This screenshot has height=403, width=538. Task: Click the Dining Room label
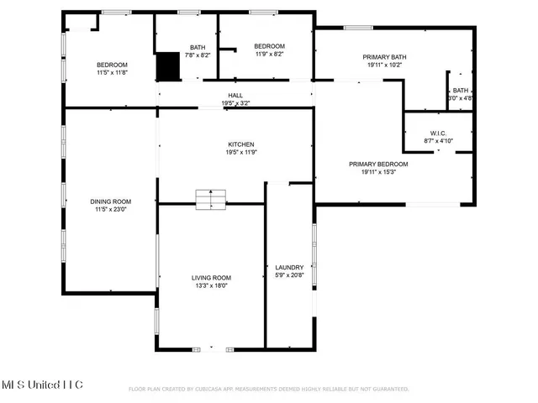[111, 201]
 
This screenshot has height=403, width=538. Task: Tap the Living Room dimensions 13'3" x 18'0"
[211, 285]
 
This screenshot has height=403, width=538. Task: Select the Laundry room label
[288, 268]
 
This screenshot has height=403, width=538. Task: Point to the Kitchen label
[240, 144]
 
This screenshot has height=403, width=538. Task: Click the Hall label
[235, 96]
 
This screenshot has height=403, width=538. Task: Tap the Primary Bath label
[383, 57]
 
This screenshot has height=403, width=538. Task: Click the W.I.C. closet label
[437, 133]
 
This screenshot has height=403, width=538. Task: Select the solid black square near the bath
[170, 65]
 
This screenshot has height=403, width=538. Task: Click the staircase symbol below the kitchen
[211, 199]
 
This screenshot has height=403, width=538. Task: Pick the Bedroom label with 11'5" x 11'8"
[112, 65]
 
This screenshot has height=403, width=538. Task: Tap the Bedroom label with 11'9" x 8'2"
[269, 46]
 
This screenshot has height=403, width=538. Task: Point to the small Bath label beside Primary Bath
[461, 91]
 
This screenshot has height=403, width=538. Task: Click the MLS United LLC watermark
[41, 385]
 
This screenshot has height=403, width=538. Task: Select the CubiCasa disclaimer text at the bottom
[268, 389]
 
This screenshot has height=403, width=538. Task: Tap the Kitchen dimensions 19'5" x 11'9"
[240, 153]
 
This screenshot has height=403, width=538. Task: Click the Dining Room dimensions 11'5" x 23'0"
[111, 210]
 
